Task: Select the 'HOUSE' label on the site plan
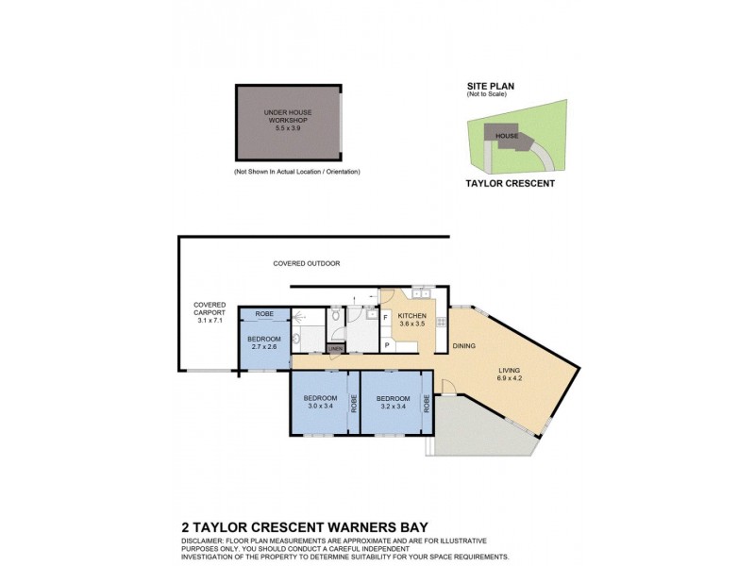pos(507,136)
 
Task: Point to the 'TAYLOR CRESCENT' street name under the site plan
pos(511,184)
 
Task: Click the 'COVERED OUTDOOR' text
pos(306,263)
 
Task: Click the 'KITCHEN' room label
pos(412,316)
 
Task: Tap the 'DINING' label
pos(463,346)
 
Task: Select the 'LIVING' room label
pos(511,370)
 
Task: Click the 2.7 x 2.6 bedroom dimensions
pos(264,347)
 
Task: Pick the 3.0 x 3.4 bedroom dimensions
pos(320,407)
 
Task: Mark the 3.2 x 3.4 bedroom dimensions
pos(393,407)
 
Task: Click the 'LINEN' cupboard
pos(335,349)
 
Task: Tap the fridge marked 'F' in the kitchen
pos(387,317)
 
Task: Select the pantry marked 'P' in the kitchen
pos(387,345)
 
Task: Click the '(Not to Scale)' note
pos(486,95)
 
